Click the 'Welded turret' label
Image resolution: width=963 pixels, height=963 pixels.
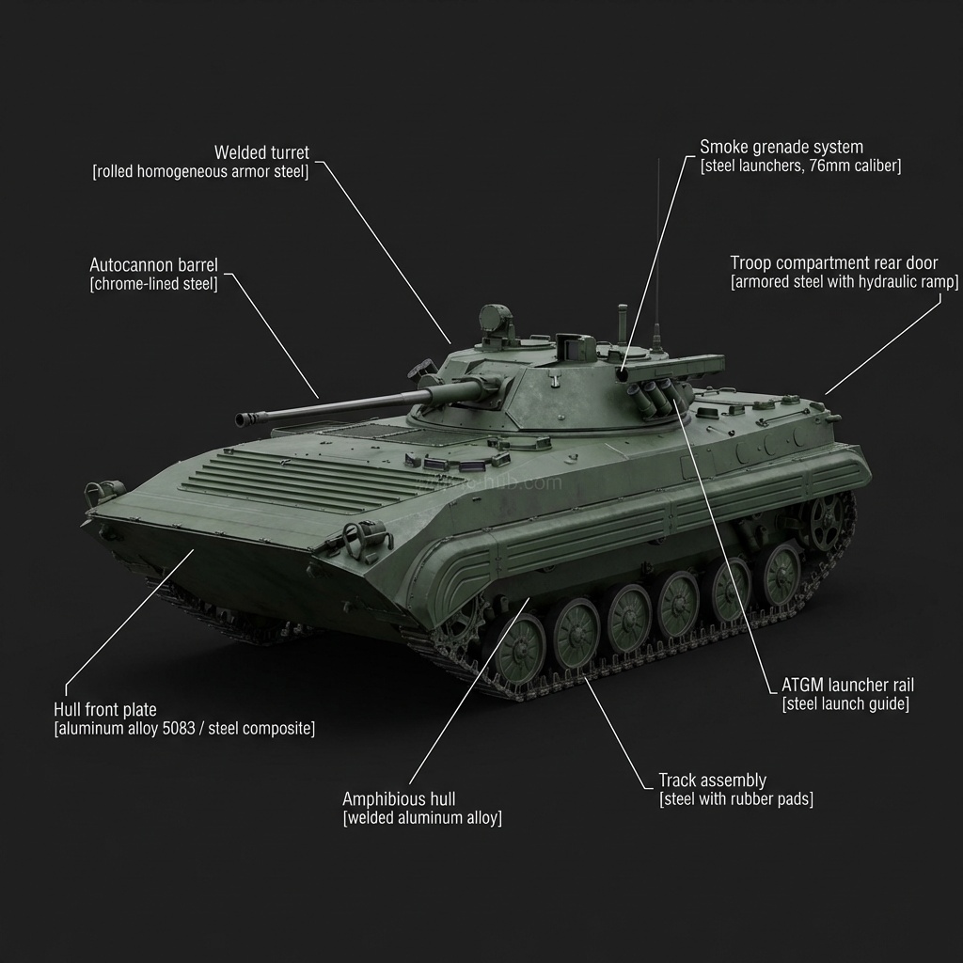(261, 152)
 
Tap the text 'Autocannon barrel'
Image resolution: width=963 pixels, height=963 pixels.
(153, 265)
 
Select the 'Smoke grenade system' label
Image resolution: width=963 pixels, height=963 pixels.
(781, 147)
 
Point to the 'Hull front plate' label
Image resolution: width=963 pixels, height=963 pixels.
(105, 709)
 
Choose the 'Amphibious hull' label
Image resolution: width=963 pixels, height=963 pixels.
(399, 798)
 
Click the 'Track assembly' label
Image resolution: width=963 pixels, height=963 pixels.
(712, 780)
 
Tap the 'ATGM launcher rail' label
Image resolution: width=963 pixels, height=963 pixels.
(847, 685)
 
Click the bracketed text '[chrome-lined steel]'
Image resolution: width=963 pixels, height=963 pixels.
(153, 284)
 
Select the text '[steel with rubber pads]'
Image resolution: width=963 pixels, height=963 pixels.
(735, 799)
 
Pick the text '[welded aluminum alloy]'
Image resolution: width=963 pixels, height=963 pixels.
(422, 818)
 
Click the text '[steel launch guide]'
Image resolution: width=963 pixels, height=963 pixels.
(845, 704)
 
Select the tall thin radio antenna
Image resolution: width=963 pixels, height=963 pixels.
(657, 254)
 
